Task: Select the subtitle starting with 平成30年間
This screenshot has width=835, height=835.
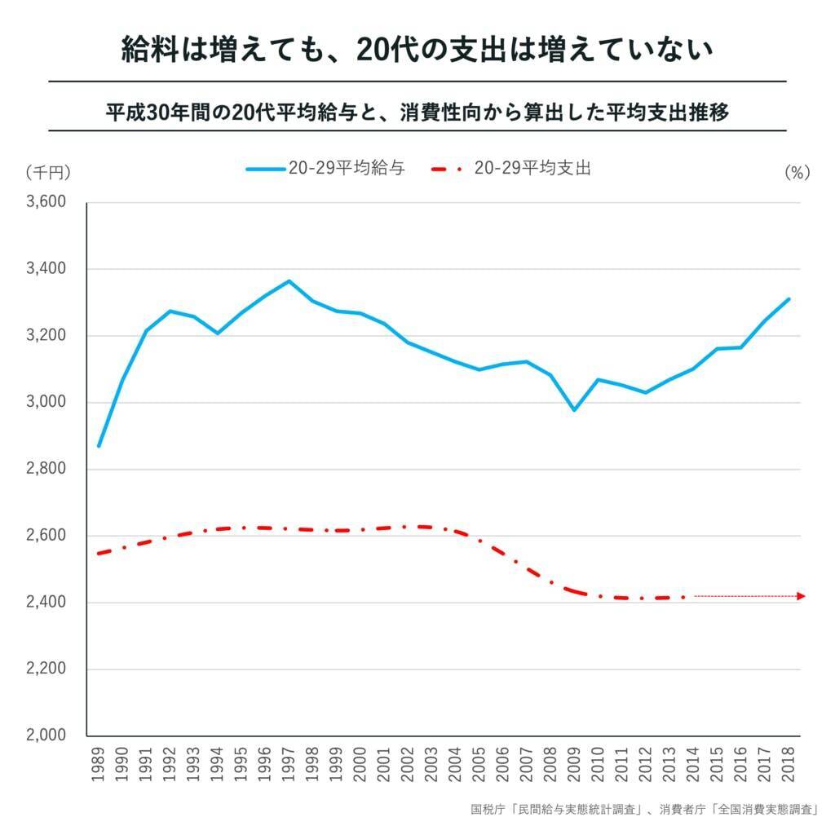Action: (x=417, y=113)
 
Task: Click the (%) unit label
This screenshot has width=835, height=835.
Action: (x=796, y=172)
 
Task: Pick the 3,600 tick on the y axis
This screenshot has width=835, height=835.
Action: (x=46, y=202)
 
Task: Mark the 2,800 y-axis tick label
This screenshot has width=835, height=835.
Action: (x=46, y=470)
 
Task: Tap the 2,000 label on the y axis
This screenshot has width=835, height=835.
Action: (x=46, y=736)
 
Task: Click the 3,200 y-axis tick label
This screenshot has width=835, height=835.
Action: (x=46, y=336)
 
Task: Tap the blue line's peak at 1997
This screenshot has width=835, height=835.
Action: (x=289, y=281)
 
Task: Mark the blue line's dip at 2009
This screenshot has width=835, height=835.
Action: (x=575, y=409)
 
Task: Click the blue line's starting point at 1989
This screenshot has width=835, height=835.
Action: (x=99, y=446)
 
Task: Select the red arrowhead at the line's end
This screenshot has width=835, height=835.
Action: (x=802, y=596)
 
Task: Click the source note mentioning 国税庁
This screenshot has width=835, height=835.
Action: (x=644, y=810)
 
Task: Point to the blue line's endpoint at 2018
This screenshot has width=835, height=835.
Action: (x=789, y=298)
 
